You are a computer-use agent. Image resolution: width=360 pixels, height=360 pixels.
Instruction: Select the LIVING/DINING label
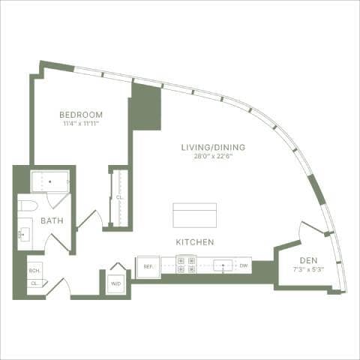point(213,147)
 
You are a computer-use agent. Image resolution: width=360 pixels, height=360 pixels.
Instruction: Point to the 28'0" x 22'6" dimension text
point(213,157)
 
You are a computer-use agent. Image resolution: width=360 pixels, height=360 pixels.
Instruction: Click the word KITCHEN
point(195,242)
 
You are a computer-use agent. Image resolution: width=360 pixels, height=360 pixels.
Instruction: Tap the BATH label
point(52,220)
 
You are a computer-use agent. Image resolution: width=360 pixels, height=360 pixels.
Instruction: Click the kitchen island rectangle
point(194,214)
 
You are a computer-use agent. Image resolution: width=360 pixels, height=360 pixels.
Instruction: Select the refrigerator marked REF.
point(148,266)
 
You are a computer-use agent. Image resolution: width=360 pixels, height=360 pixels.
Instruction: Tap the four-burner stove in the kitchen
point(186,265)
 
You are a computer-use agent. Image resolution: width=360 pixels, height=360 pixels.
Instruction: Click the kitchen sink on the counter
point(223,265)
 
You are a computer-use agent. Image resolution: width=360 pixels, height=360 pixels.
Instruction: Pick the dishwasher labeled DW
point(244,265)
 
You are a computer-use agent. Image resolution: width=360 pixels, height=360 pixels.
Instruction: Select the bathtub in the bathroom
point(49,181)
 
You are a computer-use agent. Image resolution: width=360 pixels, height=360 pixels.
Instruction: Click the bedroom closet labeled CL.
point(118,198)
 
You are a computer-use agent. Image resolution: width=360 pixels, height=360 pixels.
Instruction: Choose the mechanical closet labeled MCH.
point(34,271)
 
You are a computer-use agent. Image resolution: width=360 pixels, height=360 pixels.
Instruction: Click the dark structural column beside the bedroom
point(145,106)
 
